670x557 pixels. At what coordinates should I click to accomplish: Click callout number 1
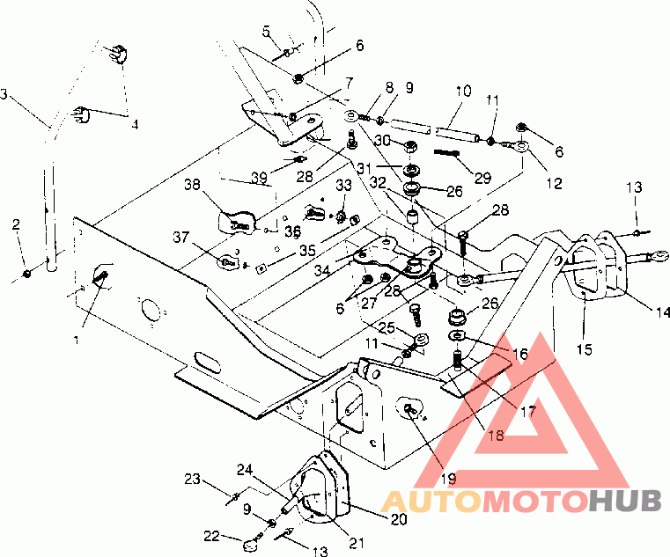point(76,341)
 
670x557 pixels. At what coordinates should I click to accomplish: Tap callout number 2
point(16,224)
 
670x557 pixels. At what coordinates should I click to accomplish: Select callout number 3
point(4,94)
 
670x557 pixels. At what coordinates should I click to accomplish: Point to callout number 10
point(463,91)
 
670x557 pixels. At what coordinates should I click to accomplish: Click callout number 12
point(554,183)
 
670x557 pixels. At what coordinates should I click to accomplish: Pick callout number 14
point(663,312)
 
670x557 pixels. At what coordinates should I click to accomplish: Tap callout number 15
point(584,349)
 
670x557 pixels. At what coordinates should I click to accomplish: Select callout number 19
point(448,479)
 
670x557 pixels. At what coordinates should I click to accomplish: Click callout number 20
point(399,519)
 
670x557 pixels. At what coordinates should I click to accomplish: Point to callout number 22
point(211,536)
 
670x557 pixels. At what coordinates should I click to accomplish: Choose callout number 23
point(192,479)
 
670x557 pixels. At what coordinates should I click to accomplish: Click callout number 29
point(482,178)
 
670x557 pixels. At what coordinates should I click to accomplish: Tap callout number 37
point(180,237)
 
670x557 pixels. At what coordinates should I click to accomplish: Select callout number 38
point(192,185)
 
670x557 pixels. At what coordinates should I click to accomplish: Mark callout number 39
point(260,177)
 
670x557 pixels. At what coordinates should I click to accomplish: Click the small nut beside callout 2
point(27,274)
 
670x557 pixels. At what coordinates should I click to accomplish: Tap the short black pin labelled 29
point(446,152)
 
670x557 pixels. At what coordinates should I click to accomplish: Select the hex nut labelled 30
point(410,147)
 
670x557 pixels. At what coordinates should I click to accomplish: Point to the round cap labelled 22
point(251,546)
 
